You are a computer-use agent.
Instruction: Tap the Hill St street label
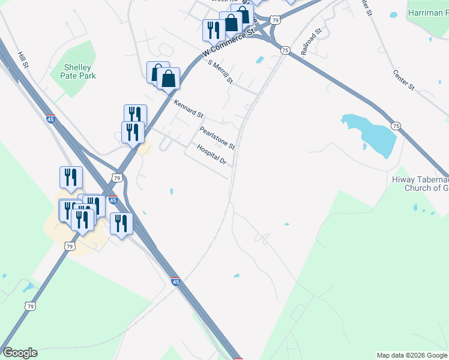click(x=23, y=59)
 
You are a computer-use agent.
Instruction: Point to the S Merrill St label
click(x=220, y=71)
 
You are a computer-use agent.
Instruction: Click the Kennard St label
click(x=188, y=109)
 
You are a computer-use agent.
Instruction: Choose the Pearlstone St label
click(x=217, y=137)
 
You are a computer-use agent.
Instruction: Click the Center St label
click(x=404, y=80)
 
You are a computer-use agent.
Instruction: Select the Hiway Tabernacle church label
click(x=420, y=183)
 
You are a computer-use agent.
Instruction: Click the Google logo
click(x=20, y=353)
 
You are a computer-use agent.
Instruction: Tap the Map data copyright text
click(x=412, y=355)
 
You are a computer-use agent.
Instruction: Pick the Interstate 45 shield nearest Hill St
click(x=50, y=119)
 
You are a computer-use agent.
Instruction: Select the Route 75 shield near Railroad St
click(x=285, y=50)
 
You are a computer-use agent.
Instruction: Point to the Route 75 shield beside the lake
click(x=396, y=125)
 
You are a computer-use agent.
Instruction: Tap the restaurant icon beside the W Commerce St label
click(x=214, y=29)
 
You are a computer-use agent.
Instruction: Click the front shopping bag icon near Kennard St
click(x=169, y=79)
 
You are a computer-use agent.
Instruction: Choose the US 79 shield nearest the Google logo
click(x=30, y=306)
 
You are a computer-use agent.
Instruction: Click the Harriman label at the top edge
click(x=427, y=13)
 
